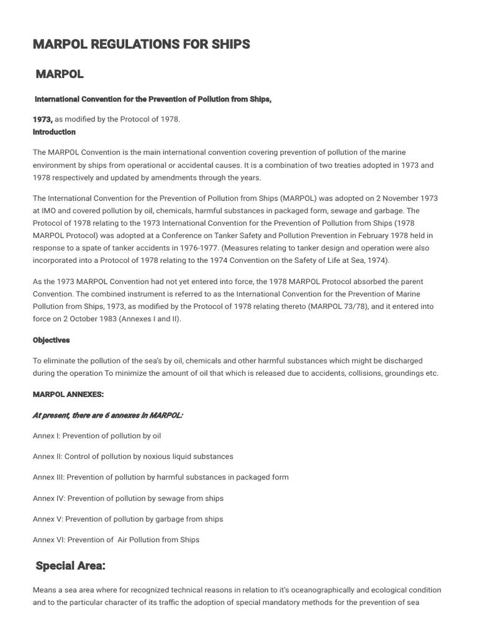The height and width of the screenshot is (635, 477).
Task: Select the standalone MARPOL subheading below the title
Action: click(x=60, y=74)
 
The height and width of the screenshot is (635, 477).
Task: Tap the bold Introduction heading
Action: click(x=54, y=132)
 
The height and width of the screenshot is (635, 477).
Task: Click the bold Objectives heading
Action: click(x=52, y=340)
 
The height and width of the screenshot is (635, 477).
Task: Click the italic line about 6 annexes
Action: click(x=107, y=415)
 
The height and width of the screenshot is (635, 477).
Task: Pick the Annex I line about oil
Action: click(x=97, y=436)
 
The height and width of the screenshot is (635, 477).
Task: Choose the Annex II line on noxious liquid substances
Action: click(x=133, y=456)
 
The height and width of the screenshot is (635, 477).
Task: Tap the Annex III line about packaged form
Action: click(x=160, y=477)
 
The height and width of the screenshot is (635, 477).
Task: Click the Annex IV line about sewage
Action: click(x=128, y=499)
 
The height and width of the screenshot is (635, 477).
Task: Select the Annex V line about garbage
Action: click(x=127, y=519)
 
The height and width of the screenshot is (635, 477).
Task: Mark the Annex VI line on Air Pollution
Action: click(x=116, y=540)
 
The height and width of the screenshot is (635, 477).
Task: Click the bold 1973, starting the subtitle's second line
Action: click(x=43, y=119)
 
